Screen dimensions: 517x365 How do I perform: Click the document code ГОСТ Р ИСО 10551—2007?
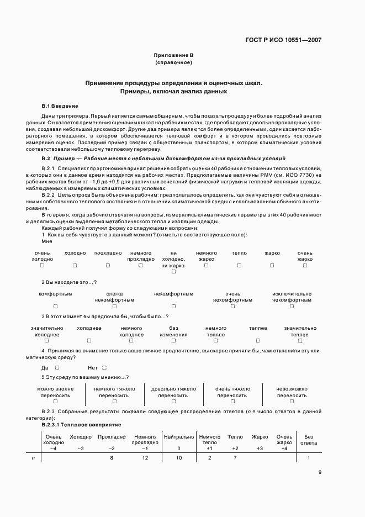pyautogui.click(x=283, y=40)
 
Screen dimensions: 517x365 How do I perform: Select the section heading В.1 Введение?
pyautogui.click(x=60, y=105)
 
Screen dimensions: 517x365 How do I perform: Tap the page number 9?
pyautogui.click(x=320, y=472)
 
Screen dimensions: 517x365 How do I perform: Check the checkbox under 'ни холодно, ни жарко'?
pyautogui.click(x=173, y=272)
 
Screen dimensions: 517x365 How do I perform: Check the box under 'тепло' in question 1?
pyautogui.click(x=239, y=265)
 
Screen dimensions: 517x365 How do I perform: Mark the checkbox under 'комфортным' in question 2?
pyautogui.click(x=55, y=306)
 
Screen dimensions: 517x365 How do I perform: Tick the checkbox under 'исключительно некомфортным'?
pyautogui.click(x=292, y=306)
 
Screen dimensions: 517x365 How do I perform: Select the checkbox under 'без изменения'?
pyautogui.click(x=173, y=340)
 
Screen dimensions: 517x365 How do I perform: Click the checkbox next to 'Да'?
pyautogui.click(x=57, y=367)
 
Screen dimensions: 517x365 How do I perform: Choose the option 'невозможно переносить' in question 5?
pyautogui.click(x=292, y=392)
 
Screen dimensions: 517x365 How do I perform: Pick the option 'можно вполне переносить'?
pyautogui.click(x=55, y=392)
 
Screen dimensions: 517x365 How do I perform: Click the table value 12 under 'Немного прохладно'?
pyautogui.click(x=145, y=458)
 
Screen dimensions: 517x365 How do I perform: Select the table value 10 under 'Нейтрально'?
pyautogui.click(x=178, y=458)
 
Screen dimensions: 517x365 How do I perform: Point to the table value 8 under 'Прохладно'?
pyautogui.click(x=112, y=458)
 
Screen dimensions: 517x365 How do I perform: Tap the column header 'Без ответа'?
pyautogui.click(x=309, y=440)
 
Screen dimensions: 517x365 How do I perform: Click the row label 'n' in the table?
pyautogui.click(x=34, y=458)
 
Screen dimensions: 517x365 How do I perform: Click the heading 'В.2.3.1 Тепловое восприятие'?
pyautogui.click(x=81, y=424)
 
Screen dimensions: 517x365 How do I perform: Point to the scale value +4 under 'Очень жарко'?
pyautogui.click(x=284, y=448)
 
